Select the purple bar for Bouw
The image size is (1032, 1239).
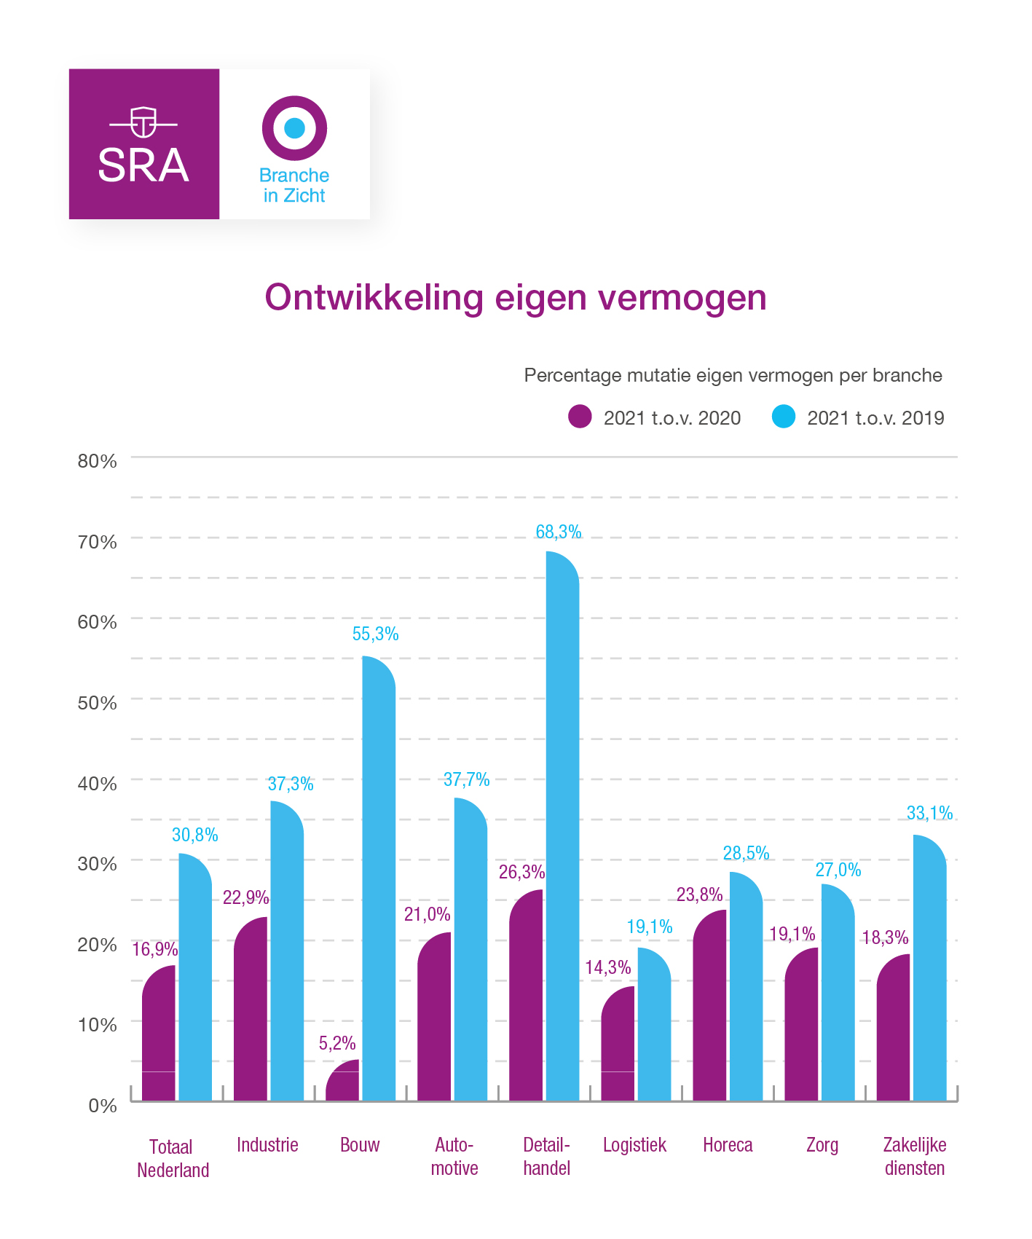pyautogui.click(x=342, y=1082)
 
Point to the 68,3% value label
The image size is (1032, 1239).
pyautogui.click(x=559, y=532)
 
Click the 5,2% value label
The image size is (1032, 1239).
pyautogui.click(x=337, y=1044)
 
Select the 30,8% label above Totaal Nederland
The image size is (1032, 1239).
pyautogui.click(x=194, y=835)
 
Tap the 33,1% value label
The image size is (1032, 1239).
pyautogui.click(x=929, y=814)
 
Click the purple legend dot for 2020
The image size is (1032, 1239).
pyautogui.click(x=580, y=417)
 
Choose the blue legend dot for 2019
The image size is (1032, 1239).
pyautogui.click(x=784, y=417)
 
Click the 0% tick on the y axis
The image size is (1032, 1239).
pyautogui.click(x=103, y=1106)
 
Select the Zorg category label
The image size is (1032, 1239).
pyautogui.click(x=822, y=1145)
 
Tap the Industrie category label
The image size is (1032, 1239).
pyautogui.click(x=267, y=1145)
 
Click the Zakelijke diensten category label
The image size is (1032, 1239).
pyautogui.click(x=914, y=1157)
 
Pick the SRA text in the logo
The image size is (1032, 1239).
pyautogui.click(x=143, y=165)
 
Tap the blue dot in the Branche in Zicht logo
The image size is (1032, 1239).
pyautogui.click(x=294, y=128)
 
